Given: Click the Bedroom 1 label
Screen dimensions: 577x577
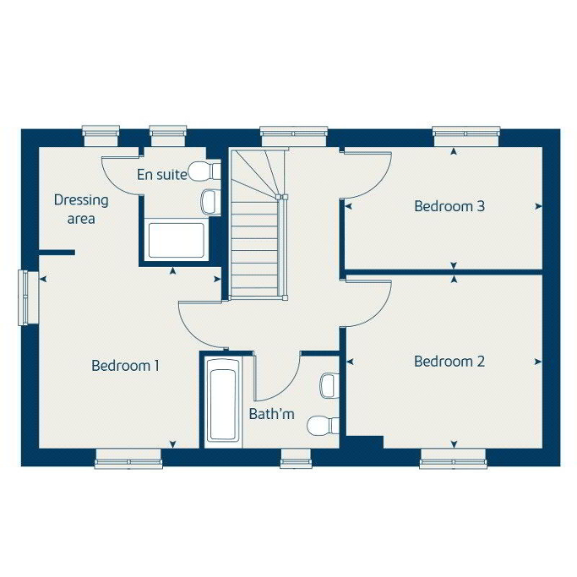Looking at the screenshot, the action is (125, 366).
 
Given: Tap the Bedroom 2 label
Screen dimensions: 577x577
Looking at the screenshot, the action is (449, 362).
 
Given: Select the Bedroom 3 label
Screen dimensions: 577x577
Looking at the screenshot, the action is (449, 206).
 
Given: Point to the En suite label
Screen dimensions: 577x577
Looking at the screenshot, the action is (162, 174).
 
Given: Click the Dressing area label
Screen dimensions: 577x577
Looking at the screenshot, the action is (81, 209).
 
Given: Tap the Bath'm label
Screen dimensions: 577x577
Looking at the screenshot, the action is (271, 414).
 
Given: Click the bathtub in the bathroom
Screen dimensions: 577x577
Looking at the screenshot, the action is (222, 402).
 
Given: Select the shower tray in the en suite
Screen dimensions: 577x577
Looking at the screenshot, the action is (176, 240).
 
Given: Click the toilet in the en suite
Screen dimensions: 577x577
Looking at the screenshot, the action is (204, 171).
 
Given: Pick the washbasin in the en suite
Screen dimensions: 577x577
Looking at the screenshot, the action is (210, 202).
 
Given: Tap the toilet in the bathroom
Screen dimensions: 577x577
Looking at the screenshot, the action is (323, 426).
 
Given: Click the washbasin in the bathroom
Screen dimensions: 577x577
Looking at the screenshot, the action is (329, 385).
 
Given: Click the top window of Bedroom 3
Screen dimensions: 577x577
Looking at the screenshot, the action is (465, 136).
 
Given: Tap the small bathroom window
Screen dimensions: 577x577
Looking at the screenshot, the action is (296, 459).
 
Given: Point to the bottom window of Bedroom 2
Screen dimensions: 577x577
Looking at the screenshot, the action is (453, 459).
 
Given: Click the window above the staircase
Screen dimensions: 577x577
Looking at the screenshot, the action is (294, 136).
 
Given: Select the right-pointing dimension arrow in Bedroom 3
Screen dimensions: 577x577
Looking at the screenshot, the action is (538, 206).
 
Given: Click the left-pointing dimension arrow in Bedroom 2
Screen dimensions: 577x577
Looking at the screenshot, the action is (350, 362).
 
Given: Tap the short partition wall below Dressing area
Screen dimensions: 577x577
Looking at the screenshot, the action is (57, 253).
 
